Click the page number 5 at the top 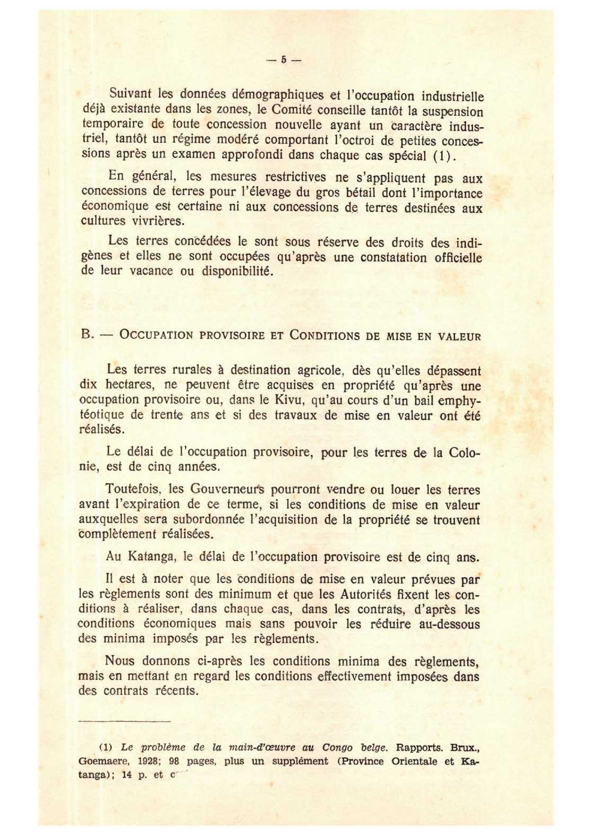coord(283,60)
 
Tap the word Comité coord(293,110)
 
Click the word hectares coord(129,384)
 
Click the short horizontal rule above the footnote coord(124,721)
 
